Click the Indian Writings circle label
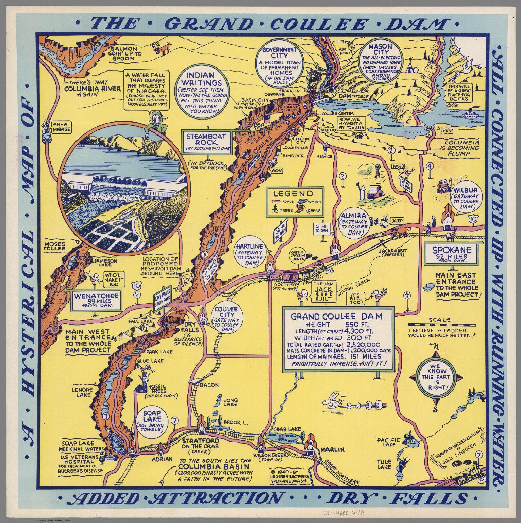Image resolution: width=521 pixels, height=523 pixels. pyautogui.click(x=204, y=90)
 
